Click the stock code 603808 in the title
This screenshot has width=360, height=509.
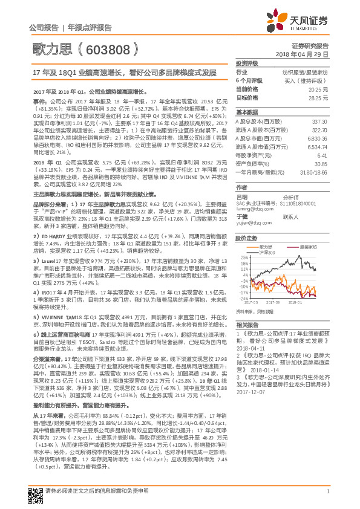point(107,48)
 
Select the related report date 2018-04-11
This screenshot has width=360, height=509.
point(254,349)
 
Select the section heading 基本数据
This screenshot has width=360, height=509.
point(246,113)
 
